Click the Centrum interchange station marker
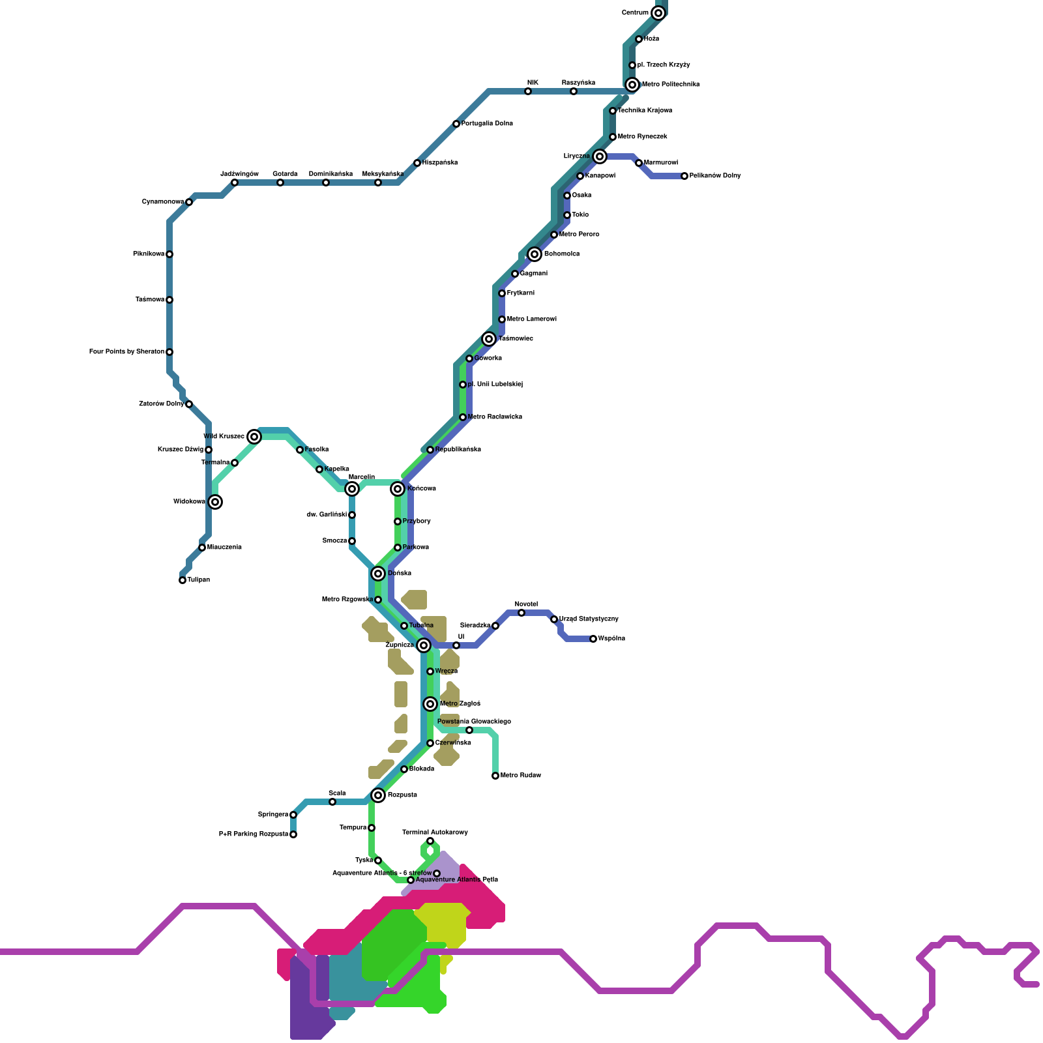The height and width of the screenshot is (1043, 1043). [658, 13]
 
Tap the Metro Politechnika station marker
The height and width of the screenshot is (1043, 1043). [632, 85]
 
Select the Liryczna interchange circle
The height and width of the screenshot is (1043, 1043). [600, 156]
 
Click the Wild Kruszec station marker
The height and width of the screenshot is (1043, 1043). [254, 437]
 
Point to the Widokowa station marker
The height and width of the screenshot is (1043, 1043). [215, 502]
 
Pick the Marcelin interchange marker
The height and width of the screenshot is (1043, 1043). [352, 489]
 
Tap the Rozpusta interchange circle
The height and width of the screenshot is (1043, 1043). [378, 795]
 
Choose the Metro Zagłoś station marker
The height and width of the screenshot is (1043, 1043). [430, 704]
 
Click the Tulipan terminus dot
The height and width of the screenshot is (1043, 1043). [183, 580]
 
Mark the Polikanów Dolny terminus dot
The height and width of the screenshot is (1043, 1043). [684, 176]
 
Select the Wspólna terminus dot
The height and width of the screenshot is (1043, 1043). [593, 639]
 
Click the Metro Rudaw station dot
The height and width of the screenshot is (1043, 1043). [495, 776]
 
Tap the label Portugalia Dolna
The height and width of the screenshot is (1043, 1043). [487, 124]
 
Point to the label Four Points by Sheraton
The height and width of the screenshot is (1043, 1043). [126, 352]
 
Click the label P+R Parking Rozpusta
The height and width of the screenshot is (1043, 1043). [253, 834]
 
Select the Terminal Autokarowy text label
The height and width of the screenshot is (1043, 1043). [435, 832]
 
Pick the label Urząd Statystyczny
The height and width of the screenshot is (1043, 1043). [589, 619]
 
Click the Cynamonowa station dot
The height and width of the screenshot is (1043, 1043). [189, 202]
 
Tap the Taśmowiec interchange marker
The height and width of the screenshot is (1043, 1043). [489, 339]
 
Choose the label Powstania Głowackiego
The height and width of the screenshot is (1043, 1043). [474, 722]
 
